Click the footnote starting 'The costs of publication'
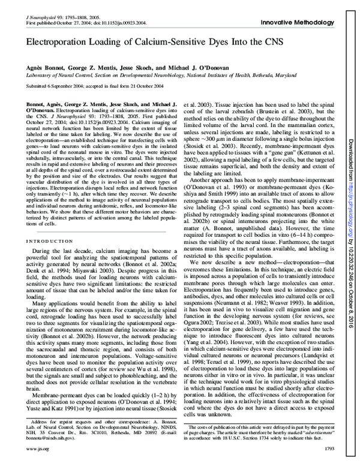(254, 431)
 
